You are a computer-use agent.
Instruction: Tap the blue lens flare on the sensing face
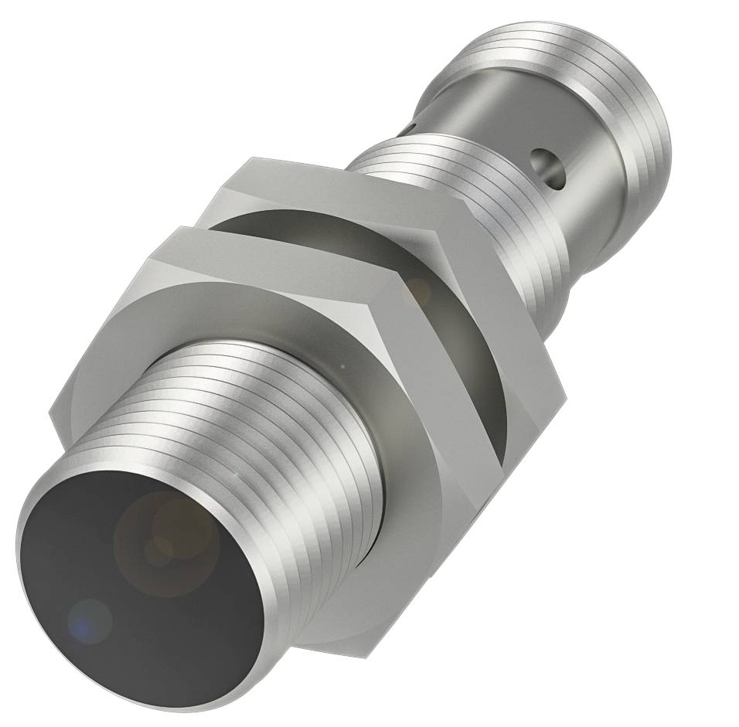[90, 619]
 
